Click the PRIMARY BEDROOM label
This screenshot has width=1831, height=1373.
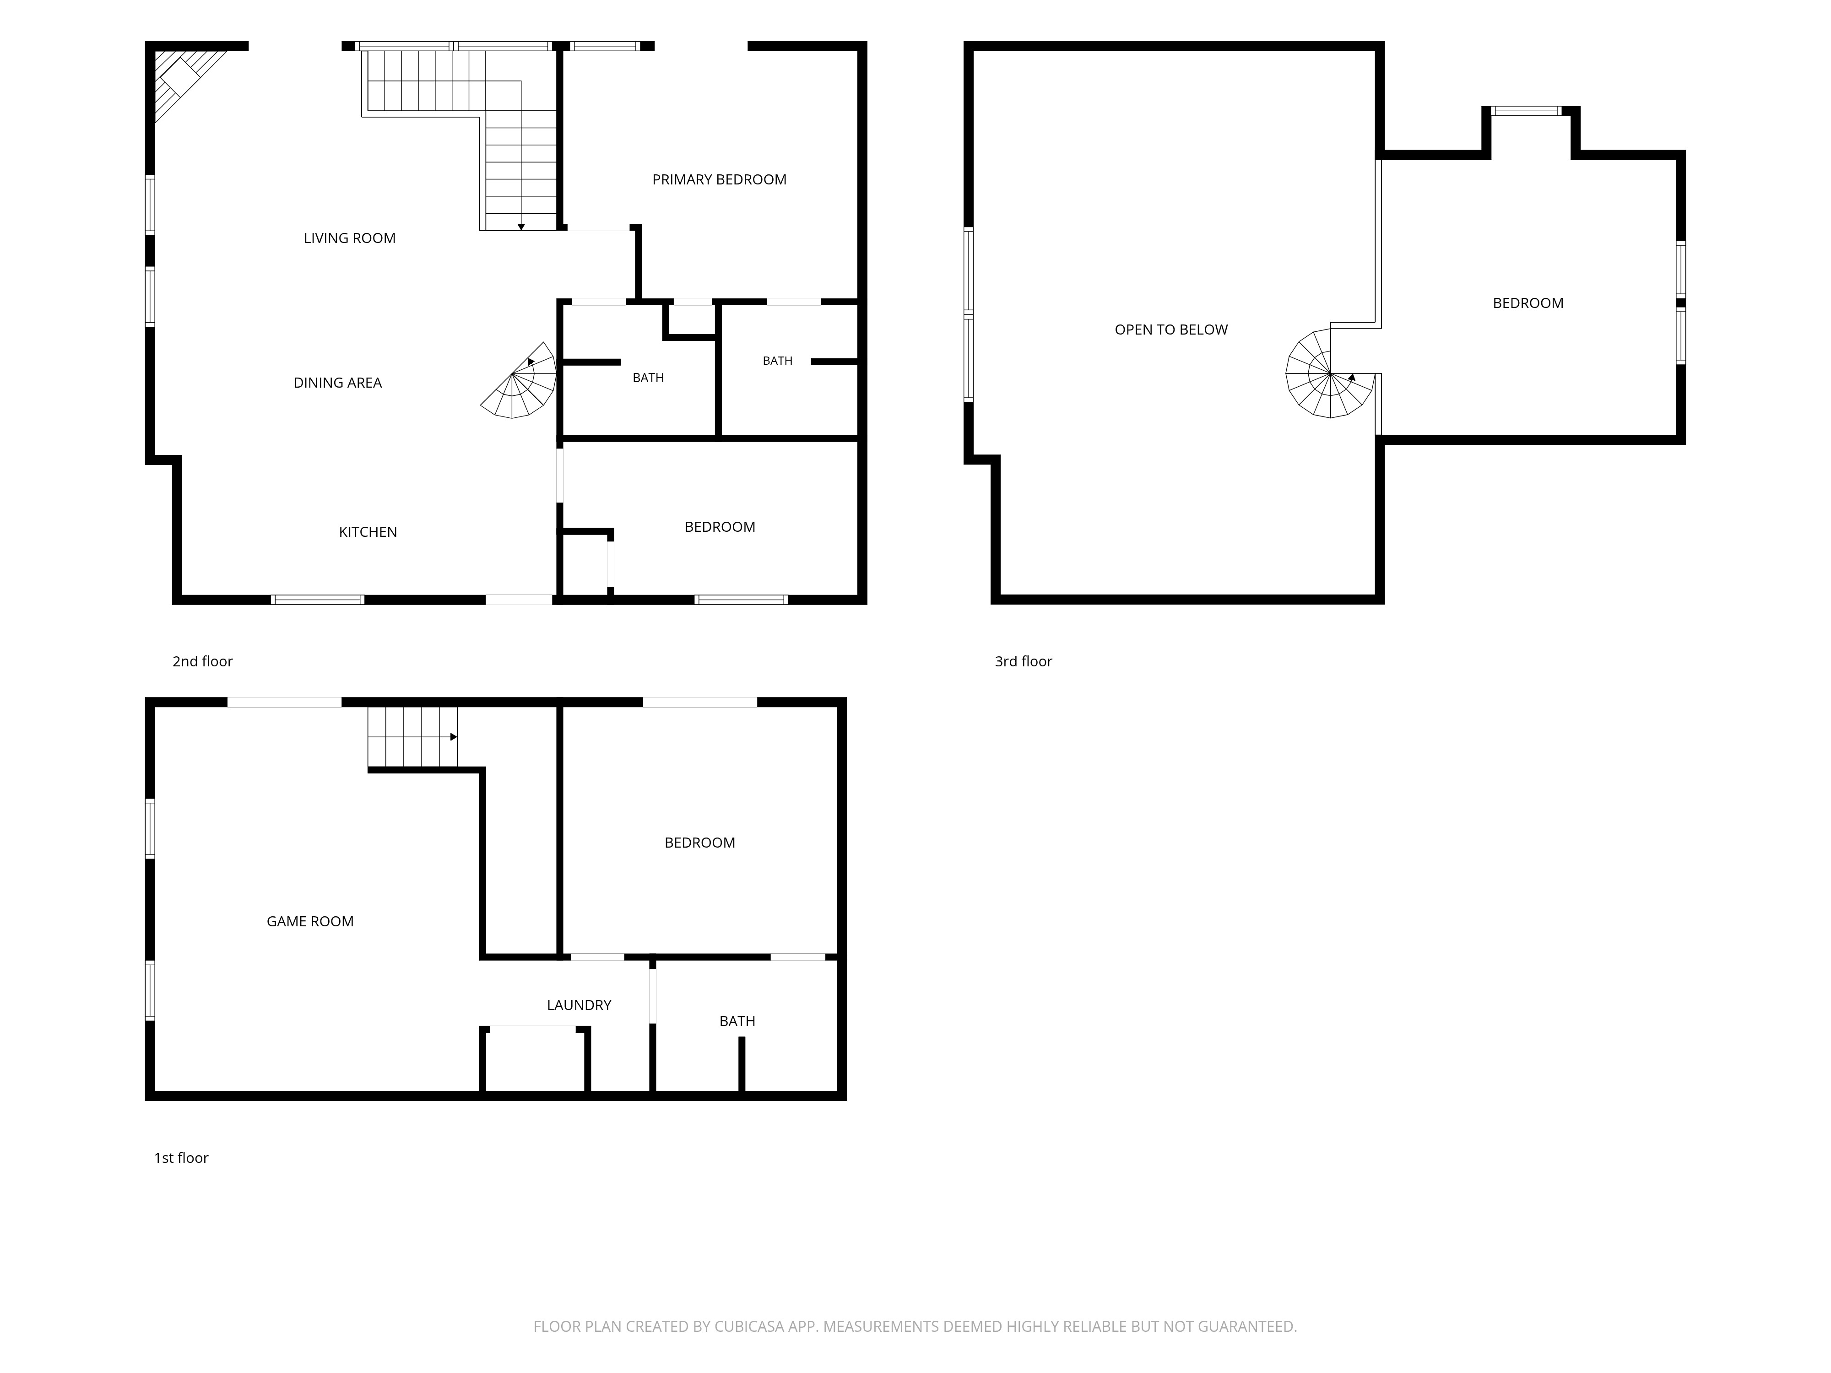[x=719, y=179]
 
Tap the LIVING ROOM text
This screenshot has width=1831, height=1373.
[x=349, y=238]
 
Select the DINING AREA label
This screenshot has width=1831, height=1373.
[x=338, y=382]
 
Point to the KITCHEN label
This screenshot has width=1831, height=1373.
[x=368, y=532]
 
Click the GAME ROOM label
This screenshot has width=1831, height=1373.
[x=309, y=921]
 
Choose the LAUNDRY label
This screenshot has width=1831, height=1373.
[x=579, y=1005]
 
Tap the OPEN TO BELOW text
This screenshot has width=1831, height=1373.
[x=1171, y=330]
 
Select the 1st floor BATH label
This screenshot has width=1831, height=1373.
[x=737, y=1021]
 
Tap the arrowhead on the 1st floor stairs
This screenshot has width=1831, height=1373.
[x=454, y=736]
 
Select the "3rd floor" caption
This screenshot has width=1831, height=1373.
[x=1023, y=661]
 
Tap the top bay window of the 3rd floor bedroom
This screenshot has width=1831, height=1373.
[x=1527, y=111]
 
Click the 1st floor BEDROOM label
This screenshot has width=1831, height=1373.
[x=699, y=843]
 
